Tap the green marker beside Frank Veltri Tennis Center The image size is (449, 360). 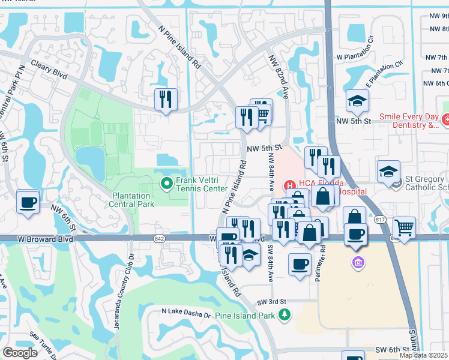point(165,184)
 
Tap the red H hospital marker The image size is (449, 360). point(288,184)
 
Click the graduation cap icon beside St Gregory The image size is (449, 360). point(388,170)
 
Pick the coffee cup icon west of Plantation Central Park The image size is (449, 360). point(28,202)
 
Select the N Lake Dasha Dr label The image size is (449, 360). point(186,312)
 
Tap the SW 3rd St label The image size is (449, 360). point(268,302)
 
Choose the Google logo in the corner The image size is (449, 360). point(20,352)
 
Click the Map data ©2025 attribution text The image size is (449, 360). point(423,355)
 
